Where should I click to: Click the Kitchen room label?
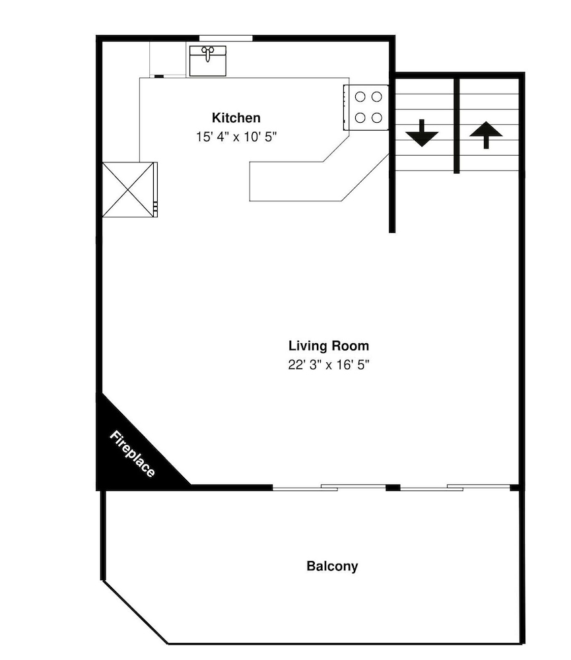[236, 118]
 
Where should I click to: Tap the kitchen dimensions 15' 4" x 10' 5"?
[236, 137]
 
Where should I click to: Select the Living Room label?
[329, 346]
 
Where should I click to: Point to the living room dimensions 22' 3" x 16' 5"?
[329, 364]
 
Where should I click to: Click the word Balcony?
[332, 566]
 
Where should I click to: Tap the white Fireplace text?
[132, 454]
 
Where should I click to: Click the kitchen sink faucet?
[207, 53]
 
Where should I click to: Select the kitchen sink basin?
[207, 61]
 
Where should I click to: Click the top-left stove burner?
[360, 97]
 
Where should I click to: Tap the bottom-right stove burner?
[377, 118]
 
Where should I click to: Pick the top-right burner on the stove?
[377, 97]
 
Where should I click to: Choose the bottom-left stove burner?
[360, 118]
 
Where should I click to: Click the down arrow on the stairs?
[422, 134]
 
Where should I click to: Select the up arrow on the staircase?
[486, 135]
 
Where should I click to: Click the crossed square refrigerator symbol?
[128, 190]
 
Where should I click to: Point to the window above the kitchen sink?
[226, 38]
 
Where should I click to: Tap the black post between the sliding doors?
[393, 488]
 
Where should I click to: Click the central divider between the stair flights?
[456, 125]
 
